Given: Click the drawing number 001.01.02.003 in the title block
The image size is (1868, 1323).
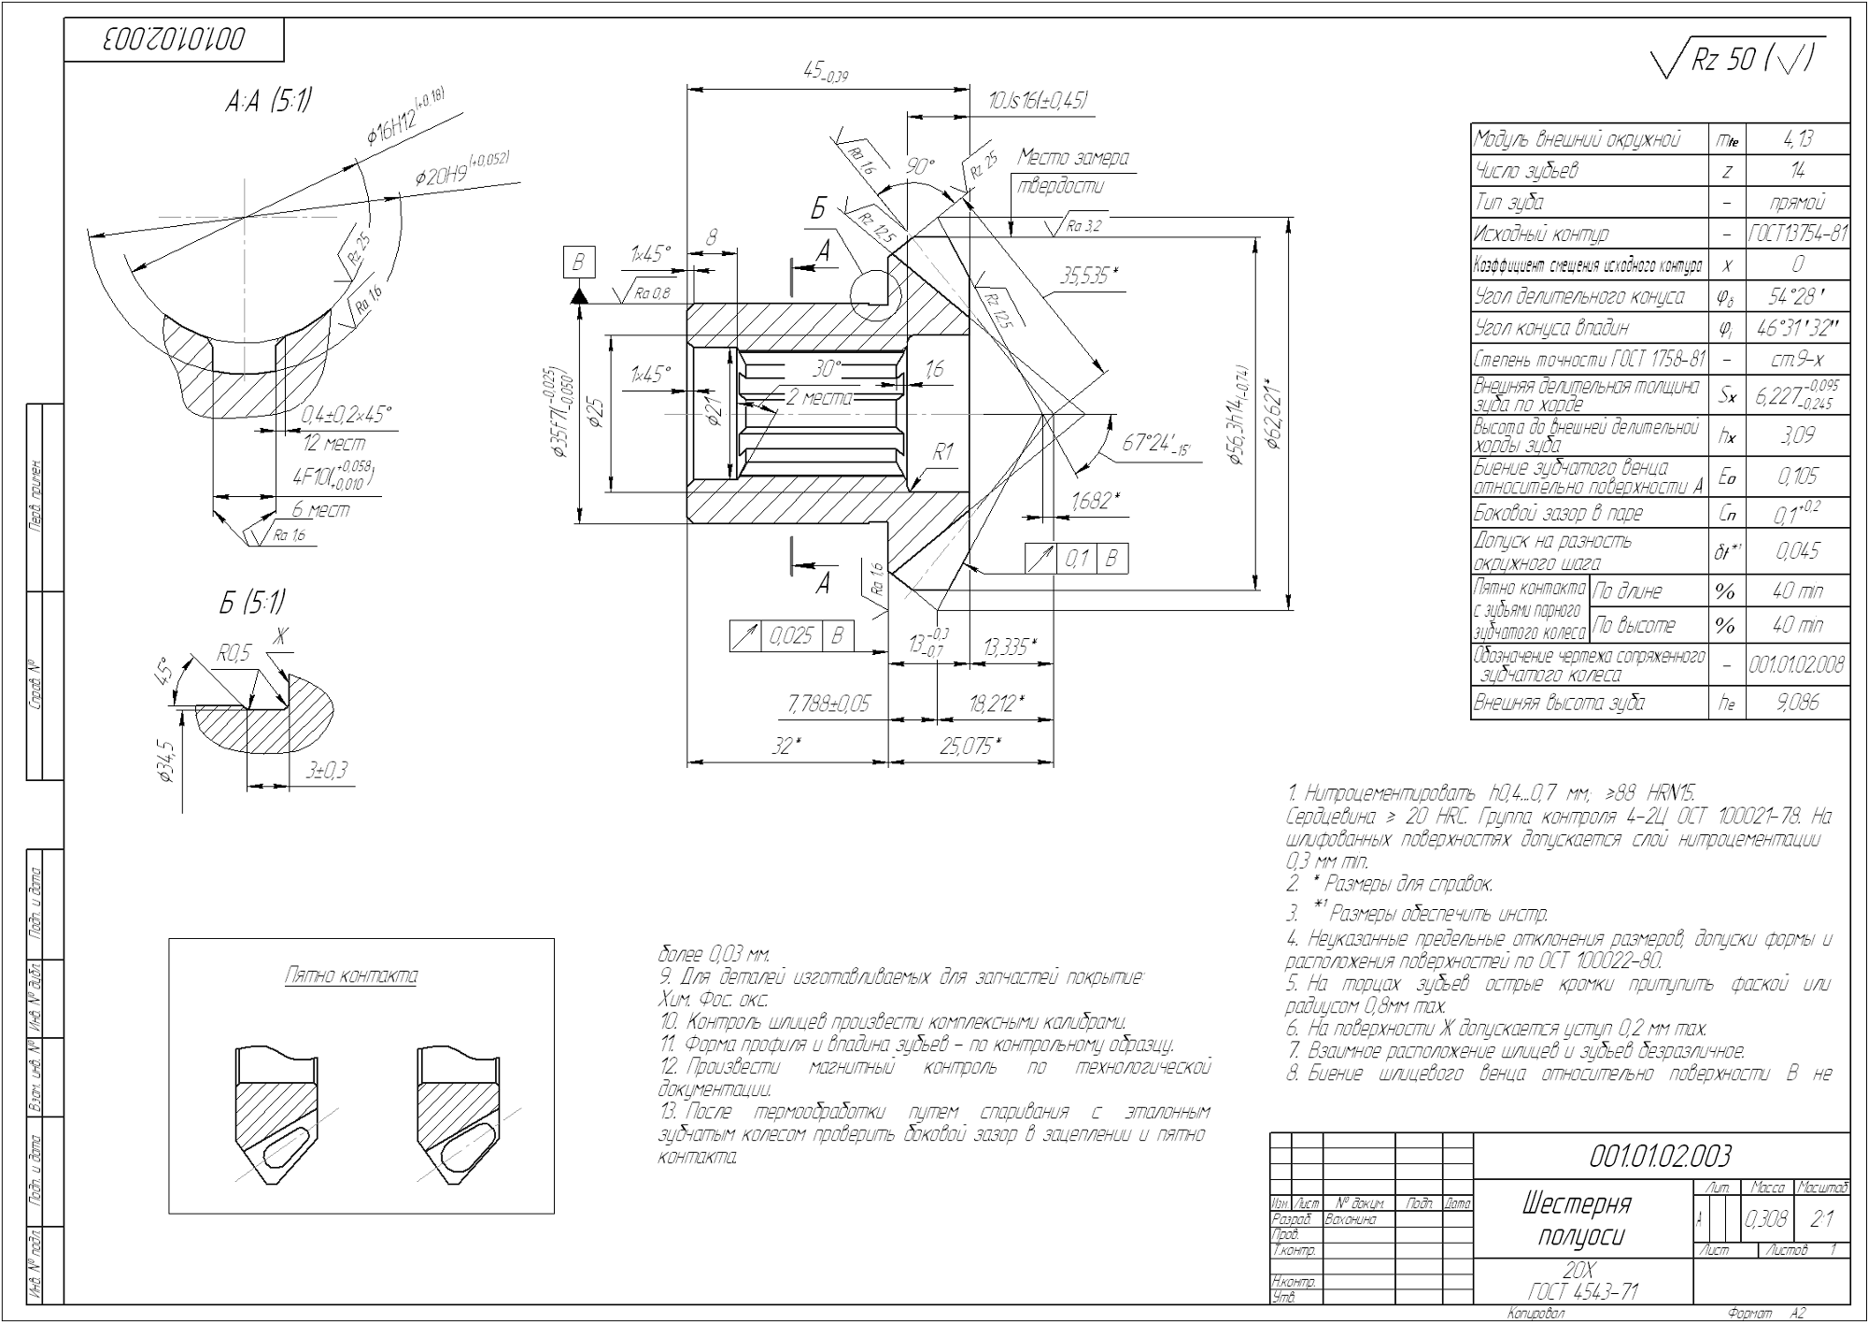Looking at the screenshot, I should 1659,1157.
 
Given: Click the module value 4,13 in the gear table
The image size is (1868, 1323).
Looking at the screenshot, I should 1798,139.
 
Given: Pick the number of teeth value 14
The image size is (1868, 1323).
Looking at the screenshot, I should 1798,171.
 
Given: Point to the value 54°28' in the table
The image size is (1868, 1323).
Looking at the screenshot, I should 1798,296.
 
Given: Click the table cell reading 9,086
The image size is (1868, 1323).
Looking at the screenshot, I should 1798,703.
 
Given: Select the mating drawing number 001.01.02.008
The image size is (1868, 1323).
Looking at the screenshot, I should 1798,664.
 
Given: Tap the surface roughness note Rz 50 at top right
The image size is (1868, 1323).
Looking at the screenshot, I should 1737,61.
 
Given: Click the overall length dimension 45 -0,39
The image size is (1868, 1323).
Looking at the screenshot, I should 826,72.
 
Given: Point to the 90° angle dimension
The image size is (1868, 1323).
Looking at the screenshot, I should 920,166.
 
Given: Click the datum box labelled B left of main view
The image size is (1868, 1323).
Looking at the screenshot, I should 578,263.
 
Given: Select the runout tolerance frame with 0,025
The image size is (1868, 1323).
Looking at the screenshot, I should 793,637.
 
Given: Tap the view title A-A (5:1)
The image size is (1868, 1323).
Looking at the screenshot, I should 268,103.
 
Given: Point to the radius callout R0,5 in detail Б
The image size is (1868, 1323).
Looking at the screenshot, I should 233,654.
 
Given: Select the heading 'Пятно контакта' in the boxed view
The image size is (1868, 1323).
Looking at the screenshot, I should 351,976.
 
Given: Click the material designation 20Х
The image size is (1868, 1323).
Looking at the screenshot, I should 1581,1270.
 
